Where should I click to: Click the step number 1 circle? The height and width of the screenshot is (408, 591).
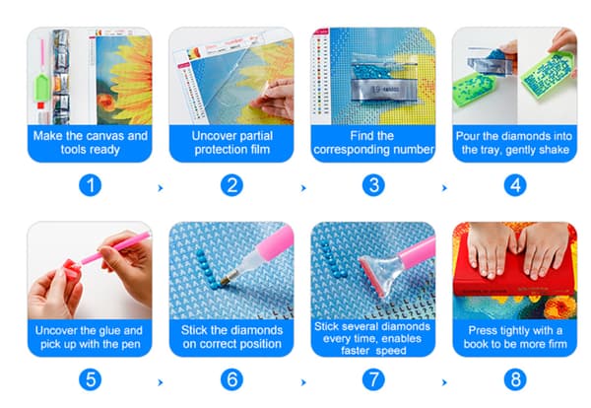click(x=91, y=185)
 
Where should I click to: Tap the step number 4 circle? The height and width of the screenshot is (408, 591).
click(x=515, y=185)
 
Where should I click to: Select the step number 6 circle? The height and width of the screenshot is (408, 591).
click(x=231, y=379)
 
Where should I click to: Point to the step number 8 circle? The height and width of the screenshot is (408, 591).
click(x=515, y=379)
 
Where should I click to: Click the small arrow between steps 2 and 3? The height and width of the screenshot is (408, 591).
click(x=303, y=188)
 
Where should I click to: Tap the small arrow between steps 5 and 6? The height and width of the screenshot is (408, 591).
click(x=161, y=382)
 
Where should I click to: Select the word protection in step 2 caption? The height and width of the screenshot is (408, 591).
click(x=216, y=150)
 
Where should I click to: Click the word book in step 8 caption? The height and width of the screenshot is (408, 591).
click(x=475, y=344)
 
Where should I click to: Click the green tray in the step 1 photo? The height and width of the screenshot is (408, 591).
click(x=41, y=88)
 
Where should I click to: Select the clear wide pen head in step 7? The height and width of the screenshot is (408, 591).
click(x=378, y=273)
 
